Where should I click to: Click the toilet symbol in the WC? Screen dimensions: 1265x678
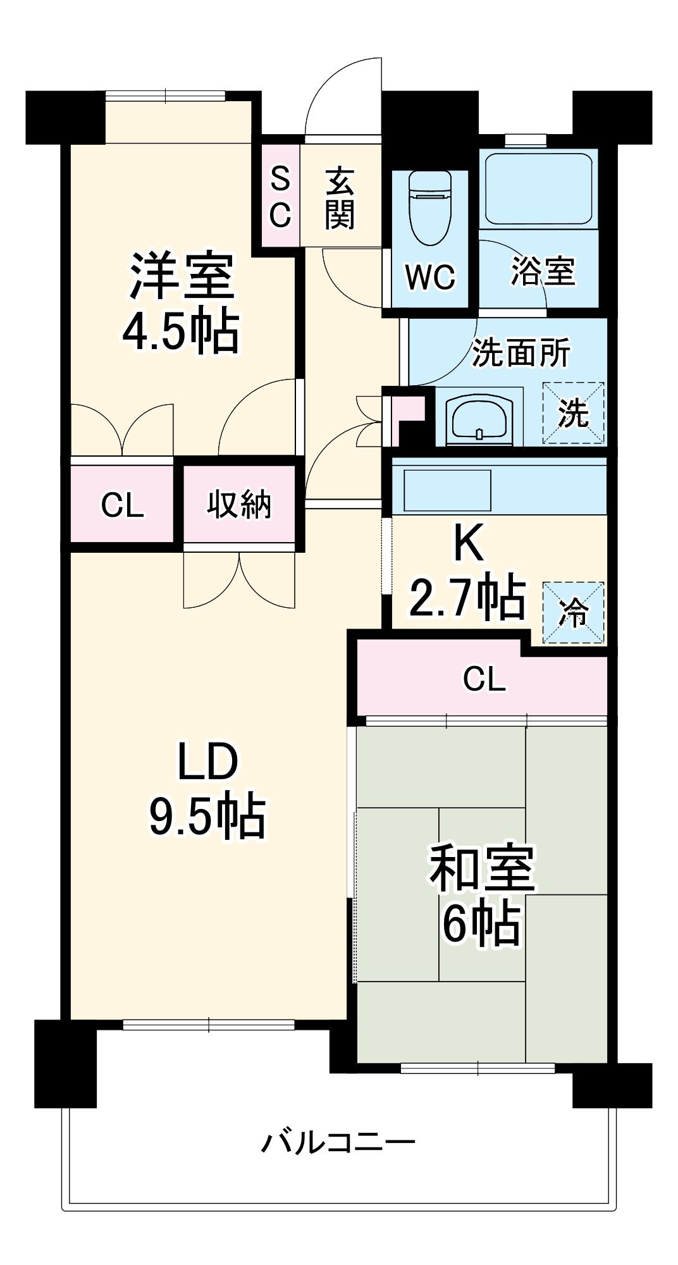point(430,209)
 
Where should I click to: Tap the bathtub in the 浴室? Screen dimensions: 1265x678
point(538,188)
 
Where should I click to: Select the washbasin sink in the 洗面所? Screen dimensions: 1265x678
point(479,419)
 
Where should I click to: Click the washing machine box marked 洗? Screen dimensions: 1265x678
point(574,412)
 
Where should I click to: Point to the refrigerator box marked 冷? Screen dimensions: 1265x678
point(574,612)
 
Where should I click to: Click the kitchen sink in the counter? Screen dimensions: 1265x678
point(447,490)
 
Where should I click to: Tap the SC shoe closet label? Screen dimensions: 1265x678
point(280,197)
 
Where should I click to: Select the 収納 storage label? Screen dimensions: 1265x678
point(239,504)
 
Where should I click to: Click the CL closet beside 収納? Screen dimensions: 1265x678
point(122,505)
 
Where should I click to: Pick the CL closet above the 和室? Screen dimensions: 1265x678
point(484,679)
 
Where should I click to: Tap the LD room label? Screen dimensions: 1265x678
point(207,762)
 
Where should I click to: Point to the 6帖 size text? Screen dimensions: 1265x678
point(481,924)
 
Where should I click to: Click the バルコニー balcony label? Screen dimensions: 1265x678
point(338,1142)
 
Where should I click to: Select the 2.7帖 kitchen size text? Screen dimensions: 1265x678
point(467,597)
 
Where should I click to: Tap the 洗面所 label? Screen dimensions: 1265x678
point(521,352)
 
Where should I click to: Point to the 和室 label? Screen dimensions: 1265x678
point(482,868)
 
